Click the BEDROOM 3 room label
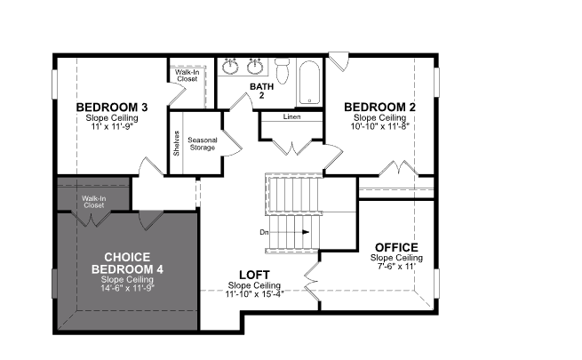pos(112,108)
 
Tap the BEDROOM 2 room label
pos(379,107)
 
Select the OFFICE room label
pos(396,247)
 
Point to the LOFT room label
pos(254,275)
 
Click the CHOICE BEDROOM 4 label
pos(127,263)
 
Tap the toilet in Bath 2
pos(283,70)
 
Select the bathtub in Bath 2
pos(309,83)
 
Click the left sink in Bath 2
pos(230,67)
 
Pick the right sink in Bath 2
pos(255,67)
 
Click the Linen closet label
pos(291,116)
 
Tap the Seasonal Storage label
pos(203,144)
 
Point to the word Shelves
pos(176,143)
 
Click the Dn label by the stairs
pos(264,232)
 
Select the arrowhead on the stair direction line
pos(306,232)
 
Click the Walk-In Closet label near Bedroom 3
pos(187,76)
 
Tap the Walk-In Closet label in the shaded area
pos(94,202)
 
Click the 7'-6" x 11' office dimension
pos(396,266)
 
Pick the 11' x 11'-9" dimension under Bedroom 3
pos(112,126)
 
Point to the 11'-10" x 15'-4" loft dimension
pos(254,294)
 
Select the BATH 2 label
pos(261,91)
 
